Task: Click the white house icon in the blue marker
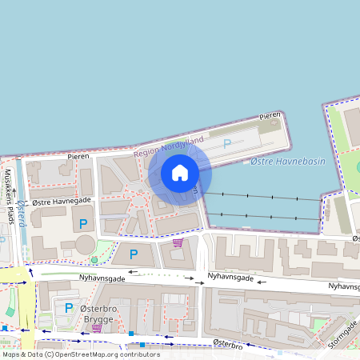point(180,173)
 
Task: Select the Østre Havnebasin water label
point(277,162)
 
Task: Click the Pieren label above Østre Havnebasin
point(270,117)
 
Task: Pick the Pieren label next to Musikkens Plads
point(78,157)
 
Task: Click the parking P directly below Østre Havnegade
point(82,222)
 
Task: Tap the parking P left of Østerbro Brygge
point(69,307)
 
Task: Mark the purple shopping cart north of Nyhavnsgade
point(178,242)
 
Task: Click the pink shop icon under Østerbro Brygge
point(97,327)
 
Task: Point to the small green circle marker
point(94,260)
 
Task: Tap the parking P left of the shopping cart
point(134,254)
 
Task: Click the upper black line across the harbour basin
point(264,196)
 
